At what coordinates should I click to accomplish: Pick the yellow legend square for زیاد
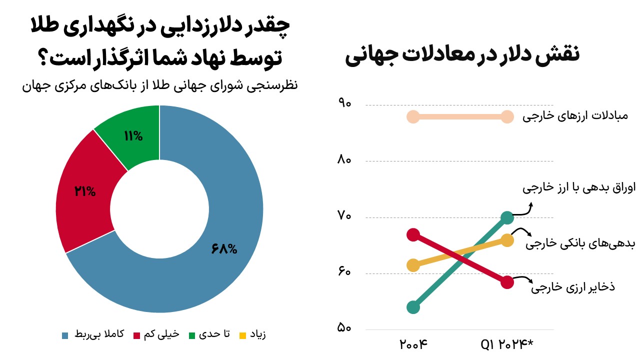[x=243, y=335]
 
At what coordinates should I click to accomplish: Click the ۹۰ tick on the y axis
[x=344, y=104]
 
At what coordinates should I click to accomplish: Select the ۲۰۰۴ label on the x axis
[x=414, y=344]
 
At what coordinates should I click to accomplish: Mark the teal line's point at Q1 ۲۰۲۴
[x=507, y=217]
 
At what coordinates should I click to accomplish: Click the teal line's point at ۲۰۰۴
[x=413, y=307]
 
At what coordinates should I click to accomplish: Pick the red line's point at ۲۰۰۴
[x=413, y=234]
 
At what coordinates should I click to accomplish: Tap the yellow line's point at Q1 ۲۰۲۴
[x=507, y=240]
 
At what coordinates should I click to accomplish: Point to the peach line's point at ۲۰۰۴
[x=413, y=117]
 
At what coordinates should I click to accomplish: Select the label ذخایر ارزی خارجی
[x=572, y=287]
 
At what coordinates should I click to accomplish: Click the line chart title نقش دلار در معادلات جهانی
[x=462, y=54]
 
